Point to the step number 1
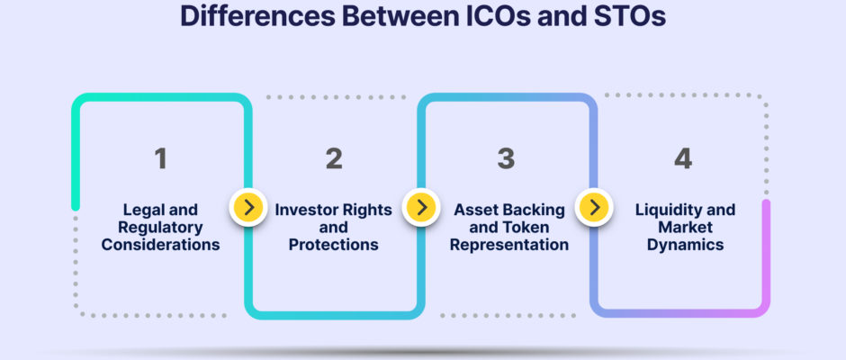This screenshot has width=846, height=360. point(160,158)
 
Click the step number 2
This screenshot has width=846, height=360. point(334,158)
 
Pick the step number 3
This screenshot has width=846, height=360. point(506,158)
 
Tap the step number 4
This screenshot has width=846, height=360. point(683,158)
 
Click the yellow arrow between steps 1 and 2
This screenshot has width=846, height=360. point(248,207)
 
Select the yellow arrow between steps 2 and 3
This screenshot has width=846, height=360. point(421,207)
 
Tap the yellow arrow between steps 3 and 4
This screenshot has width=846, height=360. point(594,207)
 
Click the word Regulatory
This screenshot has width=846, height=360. point(161,227)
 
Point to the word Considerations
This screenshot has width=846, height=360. point(161,245)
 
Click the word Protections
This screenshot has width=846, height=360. point(333,245)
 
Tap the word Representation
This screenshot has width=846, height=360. point(509,245)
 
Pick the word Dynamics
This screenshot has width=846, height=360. point(685,245)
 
